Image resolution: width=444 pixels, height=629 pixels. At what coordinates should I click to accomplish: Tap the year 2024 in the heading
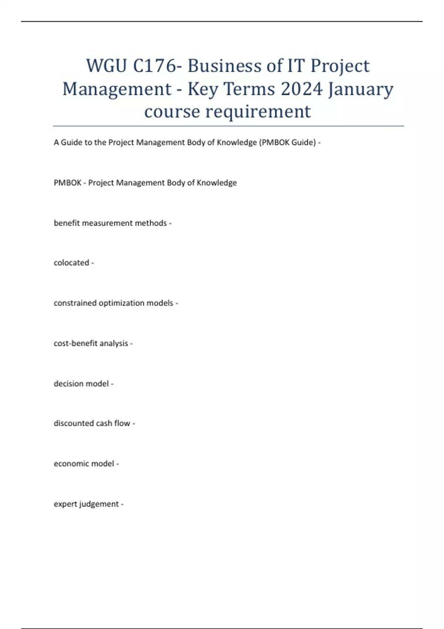tap(302, 89)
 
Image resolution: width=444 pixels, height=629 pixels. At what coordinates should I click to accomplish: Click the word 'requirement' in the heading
tap(258, 111)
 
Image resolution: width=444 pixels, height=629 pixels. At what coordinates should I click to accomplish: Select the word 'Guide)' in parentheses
tap(304, 142)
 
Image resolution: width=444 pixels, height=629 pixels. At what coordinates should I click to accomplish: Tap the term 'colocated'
tap(71, 263)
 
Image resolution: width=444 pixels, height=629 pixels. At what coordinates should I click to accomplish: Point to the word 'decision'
tap(68, 384)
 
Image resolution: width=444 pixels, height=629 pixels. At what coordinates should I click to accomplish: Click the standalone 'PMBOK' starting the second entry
tap(67, 183)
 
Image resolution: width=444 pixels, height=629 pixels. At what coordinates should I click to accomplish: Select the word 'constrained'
tap(75, 303)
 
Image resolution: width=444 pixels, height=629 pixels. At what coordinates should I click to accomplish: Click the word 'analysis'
tap(114, 343)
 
